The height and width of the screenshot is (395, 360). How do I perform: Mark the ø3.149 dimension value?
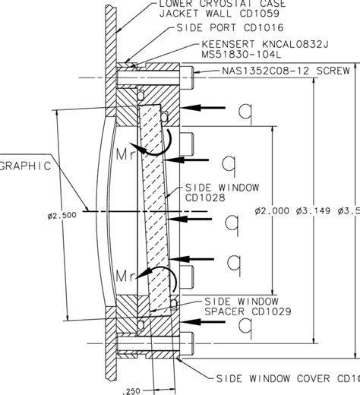(x=312, y=212)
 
